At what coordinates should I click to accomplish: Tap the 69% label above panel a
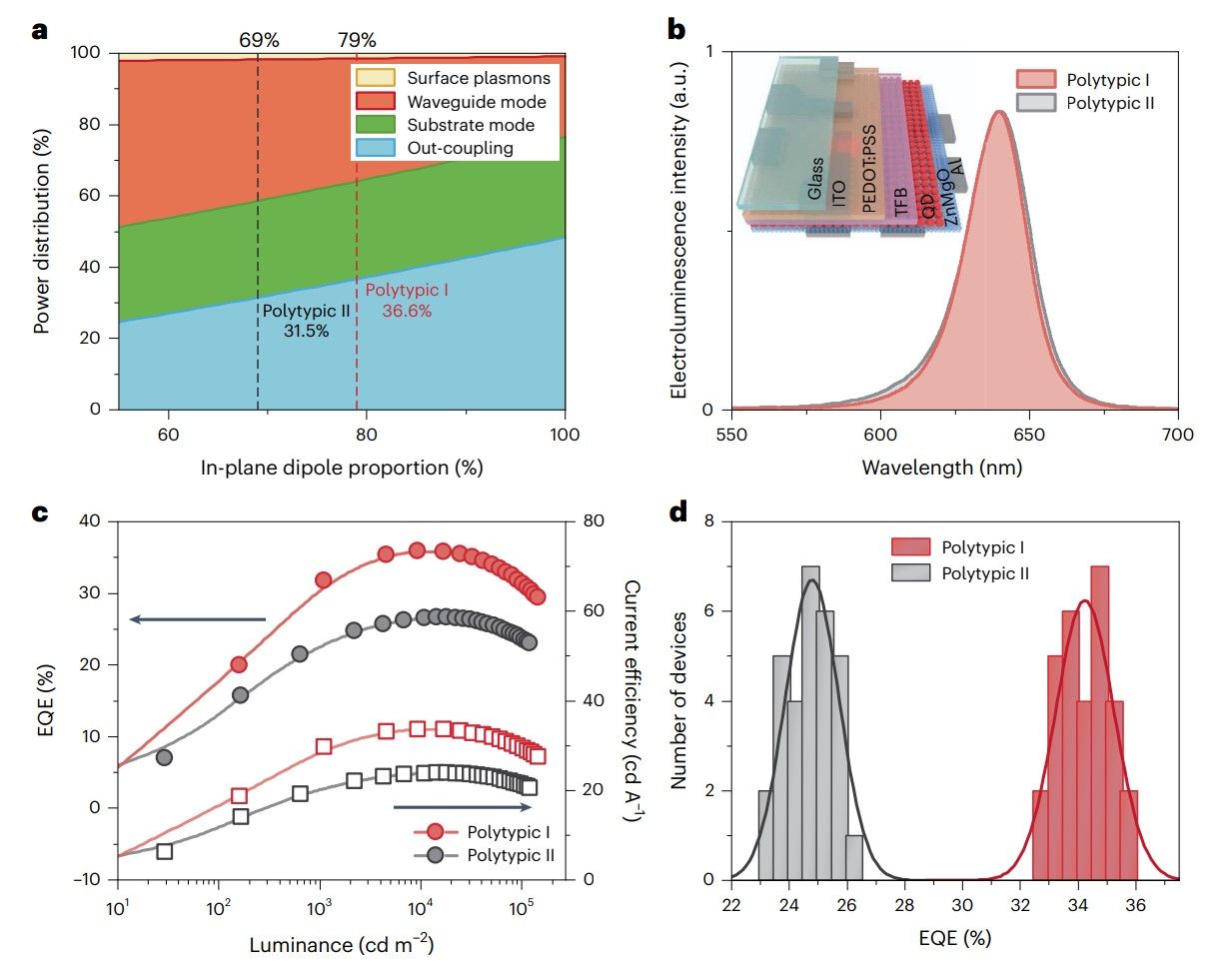click(x=259, y=41)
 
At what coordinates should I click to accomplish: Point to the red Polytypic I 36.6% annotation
click(x=407, y=301)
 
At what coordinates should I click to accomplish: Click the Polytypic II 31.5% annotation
click(x=306, y=321)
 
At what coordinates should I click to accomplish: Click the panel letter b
click(x=676, y=29)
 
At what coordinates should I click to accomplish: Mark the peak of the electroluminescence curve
click(x=998, y=112)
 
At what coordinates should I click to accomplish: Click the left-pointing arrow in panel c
click(x=197, y=619)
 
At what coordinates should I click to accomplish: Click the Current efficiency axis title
click(x=630, y=699)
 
